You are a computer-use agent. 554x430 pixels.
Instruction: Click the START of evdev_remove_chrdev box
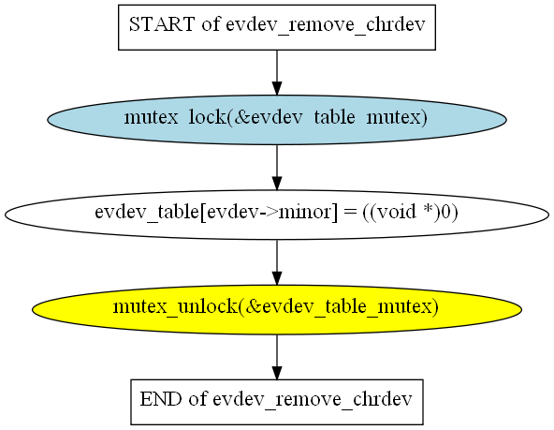277,27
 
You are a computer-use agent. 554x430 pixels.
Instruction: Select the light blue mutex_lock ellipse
277,120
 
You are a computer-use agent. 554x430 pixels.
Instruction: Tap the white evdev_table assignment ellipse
277,215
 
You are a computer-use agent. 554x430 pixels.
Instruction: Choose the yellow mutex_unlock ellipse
277,310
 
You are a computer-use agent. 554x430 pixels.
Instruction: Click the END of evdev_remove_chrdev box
277,402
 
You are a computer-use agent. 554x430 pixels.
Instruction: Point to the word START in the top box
162,24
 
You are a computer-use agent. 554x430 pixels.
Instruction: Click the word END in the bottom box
161,399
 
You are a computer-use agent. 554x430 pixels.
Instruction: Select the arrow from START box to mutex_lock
277,73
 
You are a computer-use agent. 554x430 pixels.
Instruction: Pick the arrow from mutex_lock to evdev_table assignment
277,168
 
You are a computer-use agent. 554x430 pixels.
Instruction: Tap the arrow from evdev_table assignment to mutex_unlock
277,262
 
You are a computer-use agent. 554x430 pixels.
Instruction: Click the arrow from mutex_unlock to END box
277,357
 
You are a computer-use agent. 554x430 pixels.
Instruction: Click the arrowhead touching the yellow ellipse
277,278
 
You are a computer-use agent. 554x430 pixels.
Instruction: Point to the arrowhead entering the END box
277,373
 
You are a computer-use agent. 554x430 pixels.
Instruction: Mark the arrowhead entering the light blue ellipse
277,88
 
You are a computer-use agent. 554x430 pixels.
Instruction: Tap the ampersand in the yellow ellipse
253,307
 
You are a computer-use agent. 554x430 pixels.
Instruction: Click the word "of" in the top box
211,24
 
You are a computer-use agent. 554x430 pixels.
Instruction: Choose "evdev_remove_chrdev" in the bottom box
313,400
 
